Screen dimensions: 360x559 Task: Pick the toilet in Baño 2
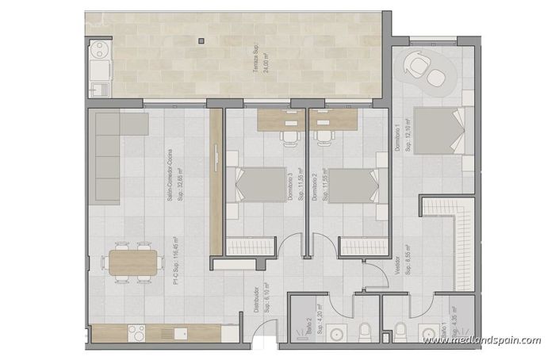363,330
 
